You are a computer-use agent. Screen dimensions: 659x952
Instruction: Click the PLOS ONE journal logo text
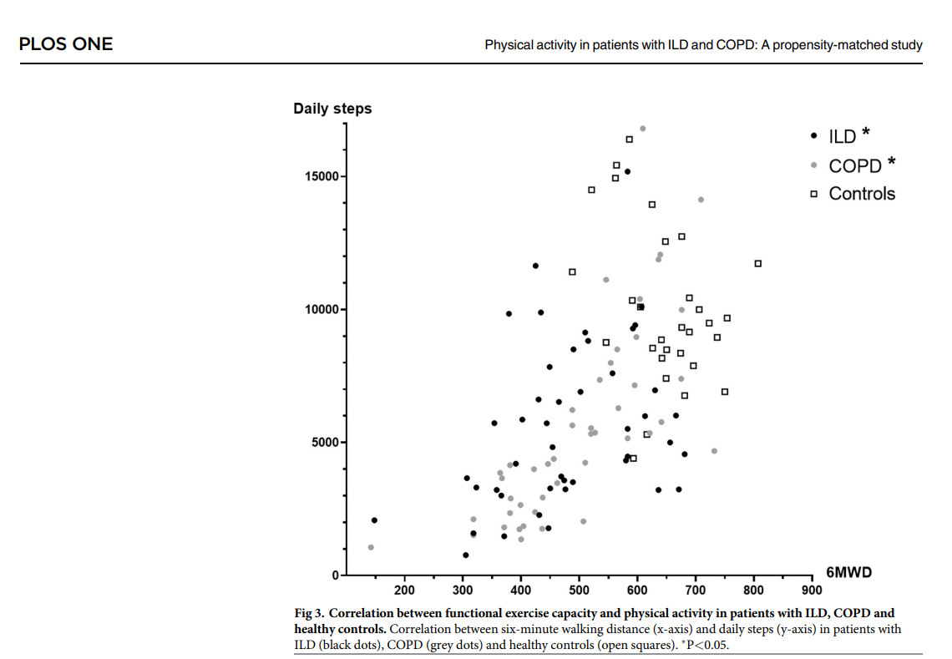click(65, 44)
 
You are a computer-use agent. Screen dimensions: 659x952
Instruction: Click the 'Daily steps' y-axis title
click(332, 109)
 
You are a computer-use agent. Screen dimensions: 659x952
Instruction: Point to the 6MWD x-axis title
click(849, 572)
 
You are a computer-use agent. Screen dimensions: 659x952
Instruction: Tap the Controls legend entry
click(861, 194)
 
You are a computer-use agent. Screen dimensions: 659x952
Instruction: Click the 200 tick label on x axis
click(404, 591)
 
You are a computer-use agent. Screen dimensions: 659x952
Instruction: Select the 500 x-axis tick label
click(579, 591)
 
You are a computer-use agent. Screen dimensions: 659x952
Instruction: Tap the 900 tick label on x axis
click(812, 591)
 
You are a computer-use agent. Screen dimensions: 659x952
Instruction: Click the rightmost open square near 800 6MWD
click(758, 264)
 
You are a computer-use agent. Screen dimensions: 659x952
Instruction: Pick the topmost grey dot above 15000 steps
click(642, 129)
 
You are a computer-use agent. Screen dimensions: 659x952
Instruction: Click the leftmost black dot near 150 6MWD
click(374, 520)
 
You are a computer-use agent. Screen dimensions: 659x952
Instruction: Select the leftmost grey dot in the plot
click(371, 547)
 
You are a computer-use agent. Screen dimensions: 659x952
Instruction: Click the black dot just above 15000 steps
click(627, 171)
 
